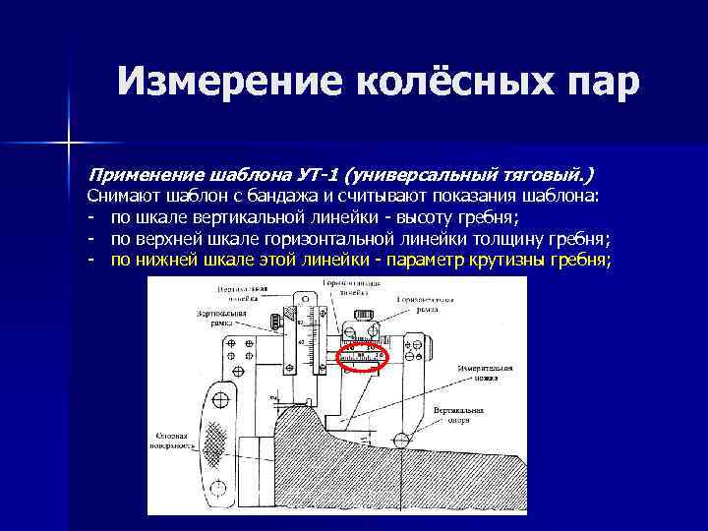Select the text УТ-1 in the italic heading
click(x=316, y=176)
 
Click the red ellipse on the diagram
click(x=363, y=354)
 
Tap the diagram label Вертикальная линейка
click(x=244, y=292)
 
